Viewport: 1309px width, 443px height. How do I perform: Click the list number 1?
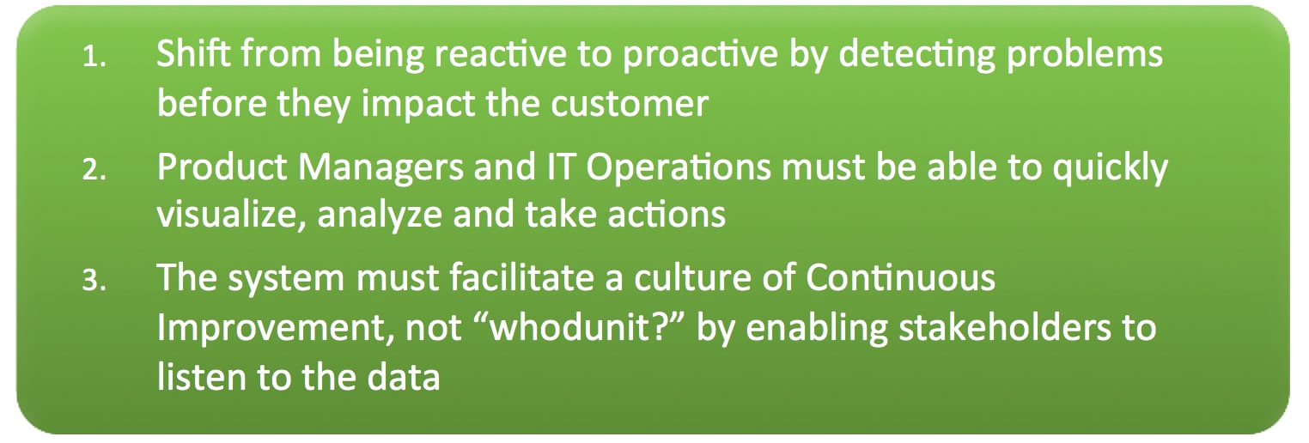point(94,58)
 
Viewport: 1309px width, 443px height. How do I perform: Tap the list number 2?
point(94,170)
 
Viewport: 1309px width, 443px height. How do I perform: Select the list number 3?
point(94,281)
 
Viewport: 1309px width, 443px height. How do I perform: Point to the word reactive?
point(500,54)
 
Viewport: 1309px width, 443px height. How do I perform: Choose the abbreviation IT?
point(560,167)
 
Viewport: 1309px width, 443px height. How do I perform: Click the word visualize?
point(230,215)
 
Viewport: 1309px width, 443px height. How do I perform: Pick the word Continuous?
point(900,277)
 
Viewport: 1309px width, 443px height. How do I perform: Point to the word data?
point(403,377)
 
